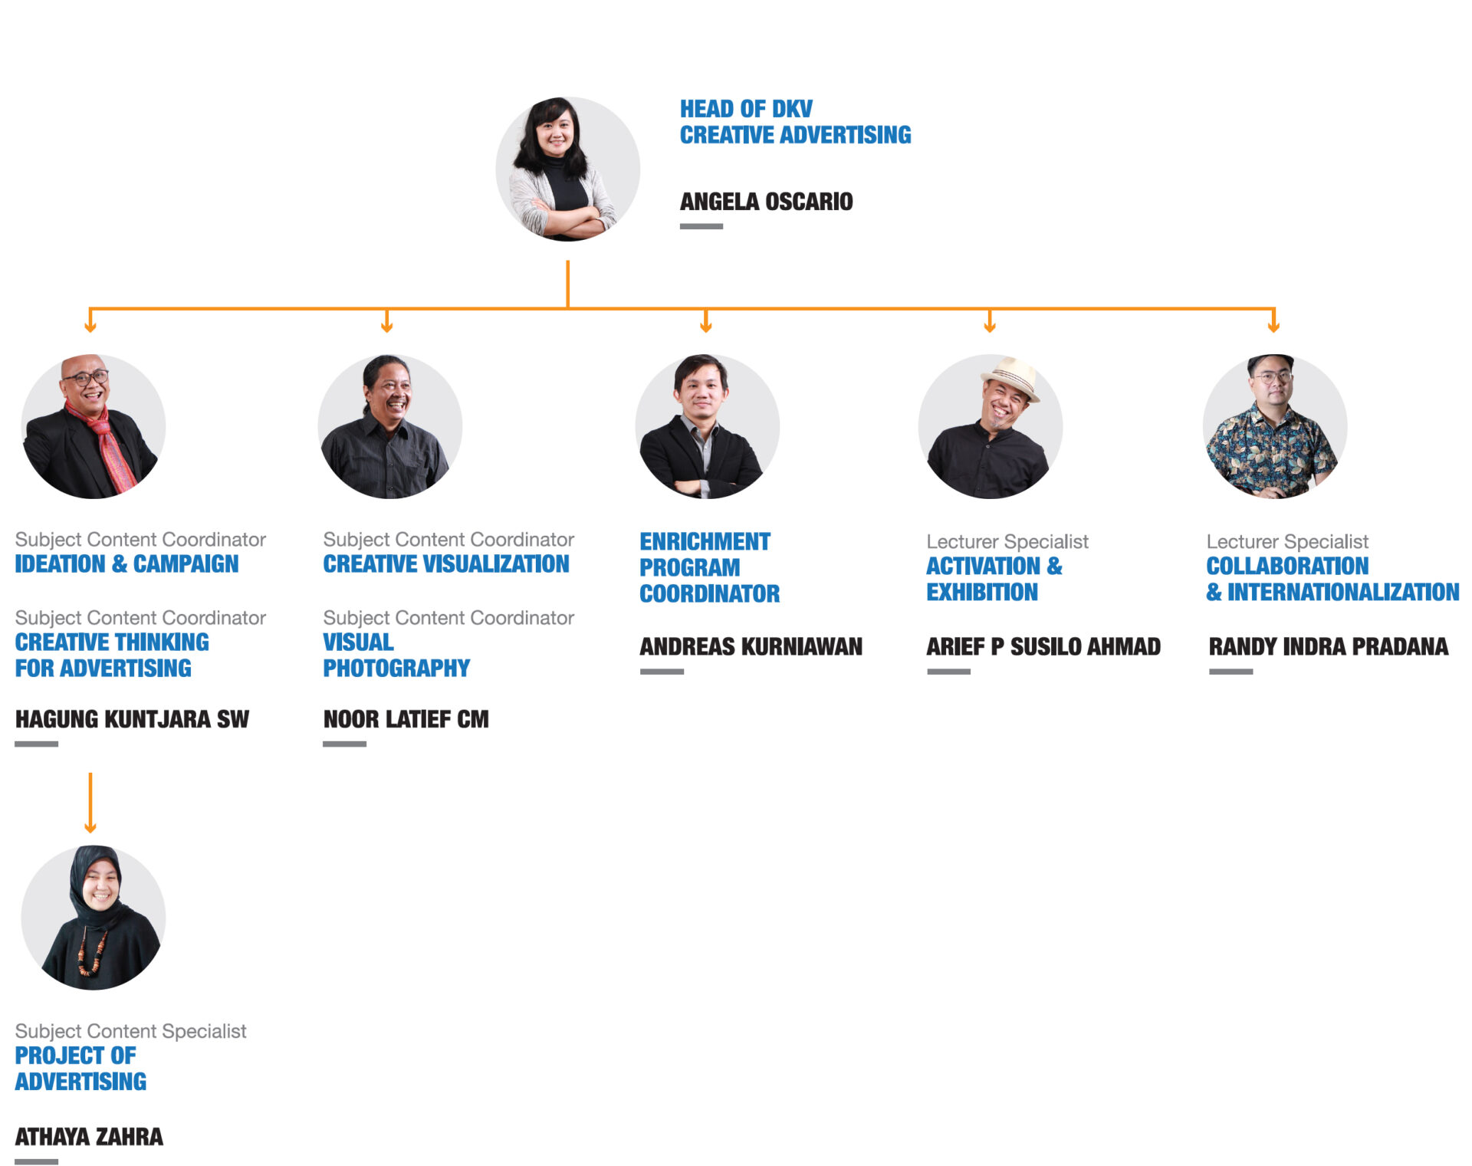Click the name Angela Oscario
tap(766, 202)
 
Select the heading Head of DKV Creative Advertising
tap(795, 122)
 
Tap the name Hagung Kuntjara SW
tap(132, 719)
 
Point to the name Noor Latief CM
tap(406, 719)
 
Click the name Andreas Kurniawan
tap(751, 646)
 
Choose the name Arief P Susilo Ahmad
tap(1043, 646)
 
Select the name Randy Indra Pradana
tap(1329, 646)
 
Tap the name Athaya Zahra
tap(89, 1136)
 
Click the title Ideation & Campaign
tap(127, 564)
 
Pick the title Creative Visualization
tap(446, 564)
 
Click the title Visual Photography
tap(396, 655)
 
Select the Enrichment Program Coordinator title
tap(709, 567)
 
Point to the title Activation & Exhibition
tap(994, 579)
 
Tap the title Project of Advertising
tap(80, 1069)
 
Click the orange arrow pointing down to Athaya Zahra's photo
tap(90, 803)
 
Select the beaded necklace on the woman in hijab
tap(90, 953)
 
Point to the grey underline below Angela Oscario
tap(701, 226)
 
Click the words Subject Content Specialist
tap(130, 1031)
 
